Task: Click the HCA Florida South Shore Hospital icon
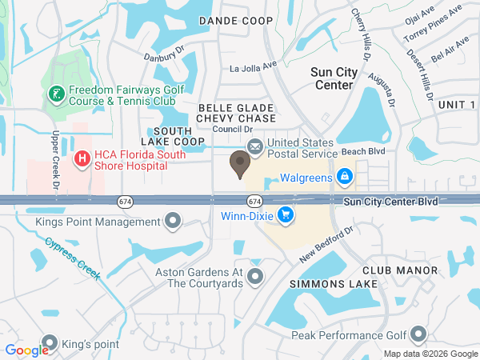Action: tap(81, 159)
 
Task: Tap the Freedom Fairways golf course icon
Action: tap(56, 95)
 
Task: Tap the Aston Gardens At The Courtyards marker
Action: tap(255, 277)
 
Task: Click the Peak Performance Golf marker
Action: tap(417, 335)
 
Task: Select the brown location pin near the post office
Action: tap(239, 164)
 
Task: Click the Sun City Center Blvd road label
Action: tap(391, 202)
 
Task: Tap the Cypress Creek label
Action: tap(72, 258)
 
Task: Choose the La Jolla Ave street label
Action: tap(253, 67)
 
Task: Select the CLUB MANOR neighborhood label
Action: tap(399, 270)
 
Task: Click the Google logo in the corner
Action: tap(26, 350)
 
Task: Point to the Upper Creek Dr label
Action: tap(57, 159)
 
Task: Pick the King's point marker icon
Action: tap(50, 344)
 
